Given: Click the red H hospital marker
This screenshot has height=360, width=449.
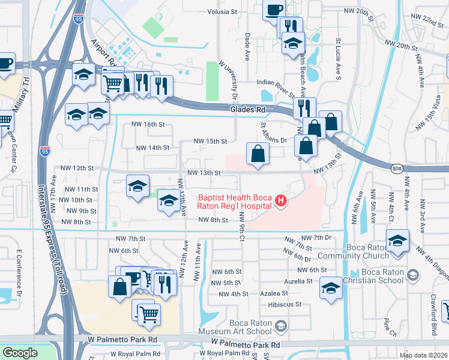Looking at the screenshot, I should [279, 201].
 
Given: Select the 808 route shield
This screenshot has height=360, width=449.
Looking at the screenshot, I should [397, 170].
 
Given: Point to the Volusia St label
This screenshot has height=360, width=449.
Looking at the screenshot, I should [231, 11].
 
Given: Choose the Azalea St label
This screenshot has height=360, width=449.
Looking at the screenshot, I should [274, 293].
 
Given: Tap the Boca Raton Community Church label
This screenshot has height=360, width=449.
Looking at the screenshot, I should [379, 250].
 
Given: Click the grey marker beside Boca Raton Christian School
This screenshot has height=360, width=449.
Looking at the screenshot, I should [412, 275].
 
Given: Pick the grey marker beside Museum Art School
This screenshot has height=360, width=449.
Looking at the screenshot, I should [282, 326].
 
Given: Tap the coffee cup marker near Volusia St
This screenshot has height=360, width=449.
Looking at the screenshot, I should [274, 11].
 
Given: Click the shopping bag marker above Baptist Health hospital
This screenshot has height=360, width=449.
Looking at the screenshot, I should [258, 153].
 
